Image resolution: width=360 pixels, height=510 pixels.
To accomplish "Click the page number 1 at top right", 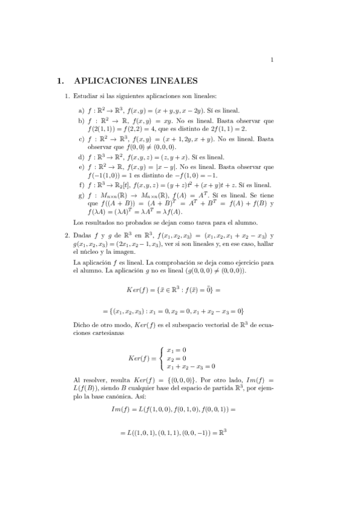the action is [x=272, y=59].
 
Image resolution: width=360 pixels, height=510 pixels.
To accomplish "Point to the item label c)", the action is [x=81, y=138].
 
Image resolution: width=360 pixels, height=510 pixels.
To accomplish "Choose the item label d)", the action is [x=81, y=156].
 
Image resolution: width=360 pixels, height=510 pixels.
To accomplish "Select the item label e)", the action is [x=81, y=166].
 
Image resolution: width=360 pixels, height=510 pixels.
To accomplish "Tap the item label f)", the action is [x=81, y=184].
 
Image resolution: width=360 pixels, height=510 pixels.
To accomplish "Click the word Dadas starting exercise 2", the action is [x=83, y=236].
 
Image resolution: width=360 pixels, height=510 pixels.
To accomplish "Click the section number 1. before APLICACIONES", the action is [x=60, y=79].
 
